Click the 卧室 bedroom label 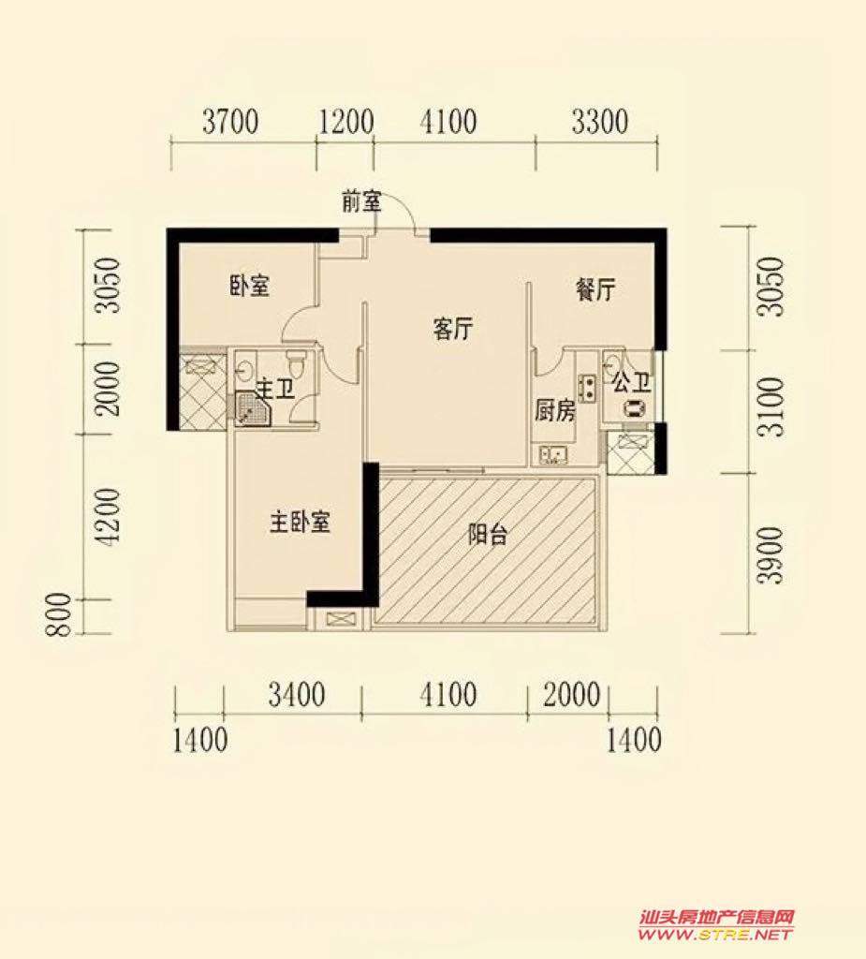pyautogui.click(x=250, y=287)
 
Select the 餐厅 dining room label pyautogui.click(x=595, y=290)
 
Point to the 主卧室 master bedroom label pyautogui.click(x=300, y=523)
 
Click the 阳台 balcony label pyautogui.click(x=488, y=535)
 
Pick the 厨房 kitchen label pyautogui.click(x=554, y=411)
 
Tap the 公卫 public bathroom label pyautogui.click(x=631, y=383)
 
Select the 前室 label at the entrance pyautogui.click(x=361, y=201)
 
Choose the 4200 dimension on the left pyautogui.click(x=109, y=517)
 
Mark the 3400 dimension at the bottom pyautogui.click(x=297, y=696)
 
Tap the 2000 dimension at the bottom pyautogui.click(x=572, y=696)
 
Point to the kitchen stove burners pyautogui.click(x=588, y=387)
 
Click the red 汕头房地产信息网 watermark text pyautogui.click(x=716, y=918)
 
